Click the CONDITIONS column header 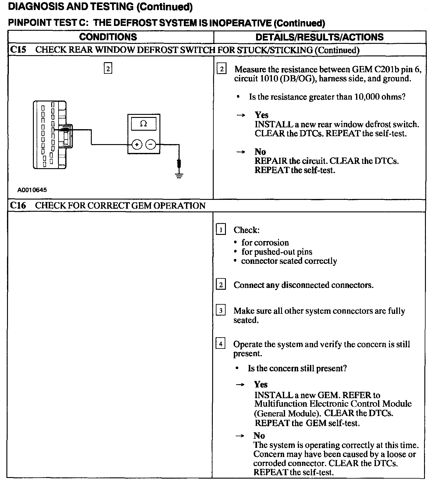pyautogui.click(x=108, y=37)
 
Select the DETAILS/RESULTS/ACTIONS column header pyautogui.click(x=319, y=37)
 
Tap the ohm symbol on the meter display pyautogui.click(x=143, y=124)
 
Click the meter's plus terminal pyautogui.click(x=137, y=144)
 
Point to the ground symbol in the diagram pyautogui.click(x=179, y=175)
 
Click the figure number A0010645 pyautogui.click(x=32, y=190)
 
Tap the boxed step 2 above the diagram pyautogui.click(x=108, y=68)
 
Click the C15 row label pyautogui.click(x=18, y=50)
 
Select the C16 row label pyautogui.click(x=18, y=205)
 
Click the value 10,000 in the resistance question pyautogui.click(x=365, y=97)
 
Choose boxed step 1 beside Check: pyautogui.click(x=221, y=229)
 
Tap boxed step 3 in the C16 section pyautogui.click(x=221, y=310)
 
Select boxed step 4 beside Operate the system pyautogui.click(x=221, y=344)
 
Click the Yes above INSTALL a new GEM pyautogui.click(x=261, y=384)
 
